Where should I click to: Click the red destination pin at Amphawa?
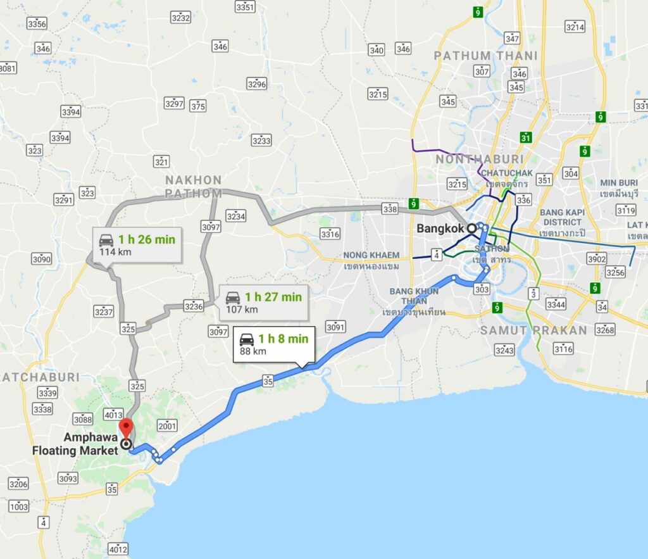(126, 427)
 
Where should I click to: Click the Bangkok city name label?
(439, 228)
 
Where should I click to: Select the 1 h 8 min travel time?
(282, 339)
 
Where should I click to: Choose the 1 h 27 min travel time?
(273, 296)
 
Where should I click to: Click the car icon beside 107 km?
(233, 297)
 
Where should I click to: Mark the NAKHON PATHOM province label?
(194, 187)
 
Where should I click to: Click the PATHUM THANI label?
(485, 56)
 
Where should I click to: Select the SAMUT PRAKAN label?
(533, 330)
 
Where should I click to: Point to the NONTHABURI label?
(480, 159)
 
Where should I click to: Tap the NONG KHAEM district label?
(371, 255)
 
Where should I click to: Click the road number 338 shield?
(390, 208)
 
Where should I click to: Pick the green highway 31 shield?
(526, 137)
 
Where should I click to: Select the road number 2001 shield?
(168, 426)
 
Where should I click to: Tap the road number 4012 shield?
(118, 548)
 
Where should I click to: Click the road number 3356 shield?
(37, 24)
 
